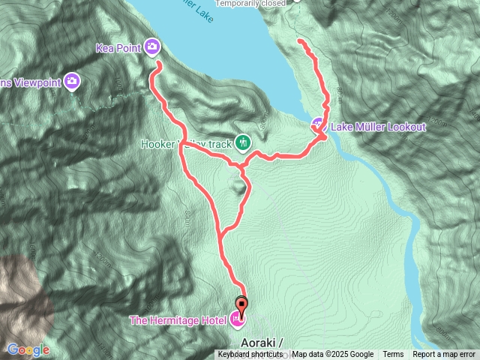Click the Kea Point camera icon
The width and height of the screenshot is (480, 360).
click(152, 47)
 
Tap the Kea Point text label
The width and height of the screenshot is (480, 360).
click(119, 48)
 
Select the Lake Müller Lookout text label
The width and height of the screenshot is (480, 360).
click(378, 127)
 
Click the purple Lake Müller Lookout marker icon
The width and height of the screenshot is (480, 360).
click(318, 124)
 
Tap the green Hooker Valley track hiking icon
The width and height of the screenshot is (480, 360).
click(242, 142)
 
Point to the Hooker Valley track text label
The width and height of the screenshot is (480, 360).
click(187, 142)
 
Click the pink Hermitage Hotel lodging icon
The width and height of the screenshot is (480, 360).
click(238, 320)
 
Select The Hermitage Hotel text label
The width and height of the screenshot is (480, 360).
click(178, 321)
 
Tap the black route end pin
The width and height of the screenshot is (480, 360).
click(241, 304)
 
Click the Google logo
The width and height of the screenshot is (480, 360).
click(28, 349)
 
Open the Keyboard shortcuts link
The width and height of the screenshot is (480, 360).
click(250, 355)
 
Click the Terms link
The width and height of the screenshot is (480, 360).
click(393, 355)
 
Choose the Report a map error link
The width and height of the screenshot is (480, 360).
click(444, 355)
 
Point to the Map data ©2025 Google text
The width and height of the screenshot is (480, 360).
click(333, 355)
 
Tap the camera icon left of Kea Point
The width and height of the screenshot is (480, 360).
click(72, 80)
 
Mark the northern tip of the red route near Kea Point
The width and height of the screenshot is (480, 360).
click(159, 65)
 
